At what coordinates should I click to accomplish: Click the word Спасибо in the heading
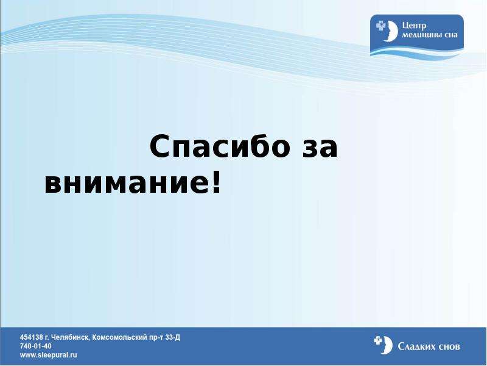(x=219, y=146)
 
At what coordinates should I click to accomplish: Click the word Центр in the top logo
(x=414, y=26)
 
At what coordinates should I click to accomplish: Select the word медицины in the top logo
(x=422, y=35)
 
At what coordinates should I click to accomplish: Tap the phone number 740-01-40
(x=36, y=346)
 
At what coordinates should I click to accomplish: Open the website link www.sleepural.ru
(x=49, y=355)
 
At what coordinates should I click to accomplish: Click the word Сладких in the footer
(x=417, y=346)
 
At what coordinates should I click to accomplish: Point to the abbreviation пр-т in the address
(x=158, y=338)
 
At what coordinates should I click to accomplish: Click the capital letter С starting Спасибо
(x=159, y=146)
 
